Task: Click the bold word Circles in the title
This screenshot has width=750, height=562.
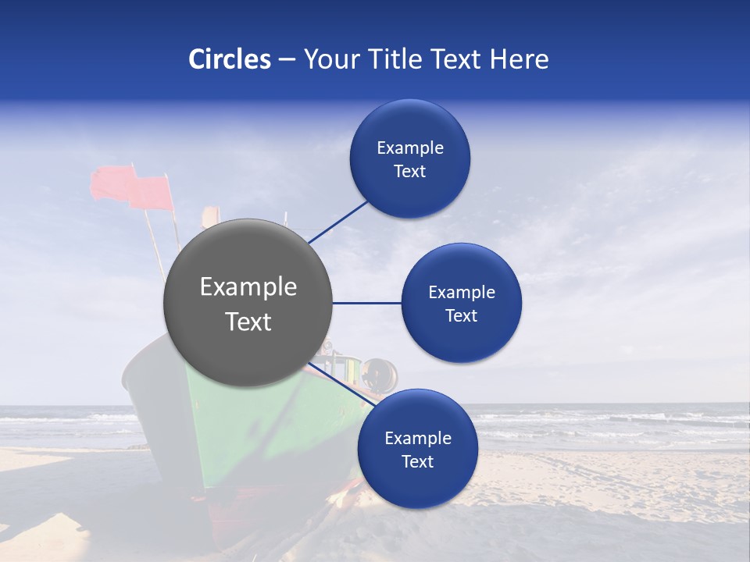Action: tap(230, 59)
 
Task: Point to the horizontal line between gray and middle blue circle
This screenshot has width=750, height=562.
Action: tap(366, 303)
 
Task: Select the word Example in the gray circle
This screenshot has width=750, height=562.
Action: tap(248, 286)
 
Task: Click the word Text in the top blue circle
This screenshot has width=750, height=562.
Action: tap(409, 171)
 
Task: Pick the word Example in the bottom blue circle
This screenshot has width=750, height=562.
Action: tap(417, 438)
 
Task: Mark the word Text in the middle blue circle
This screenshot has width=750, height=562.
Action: tap(461, 315)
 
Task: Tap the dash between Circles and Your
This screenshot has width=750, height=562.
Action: tap(286, 60)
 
